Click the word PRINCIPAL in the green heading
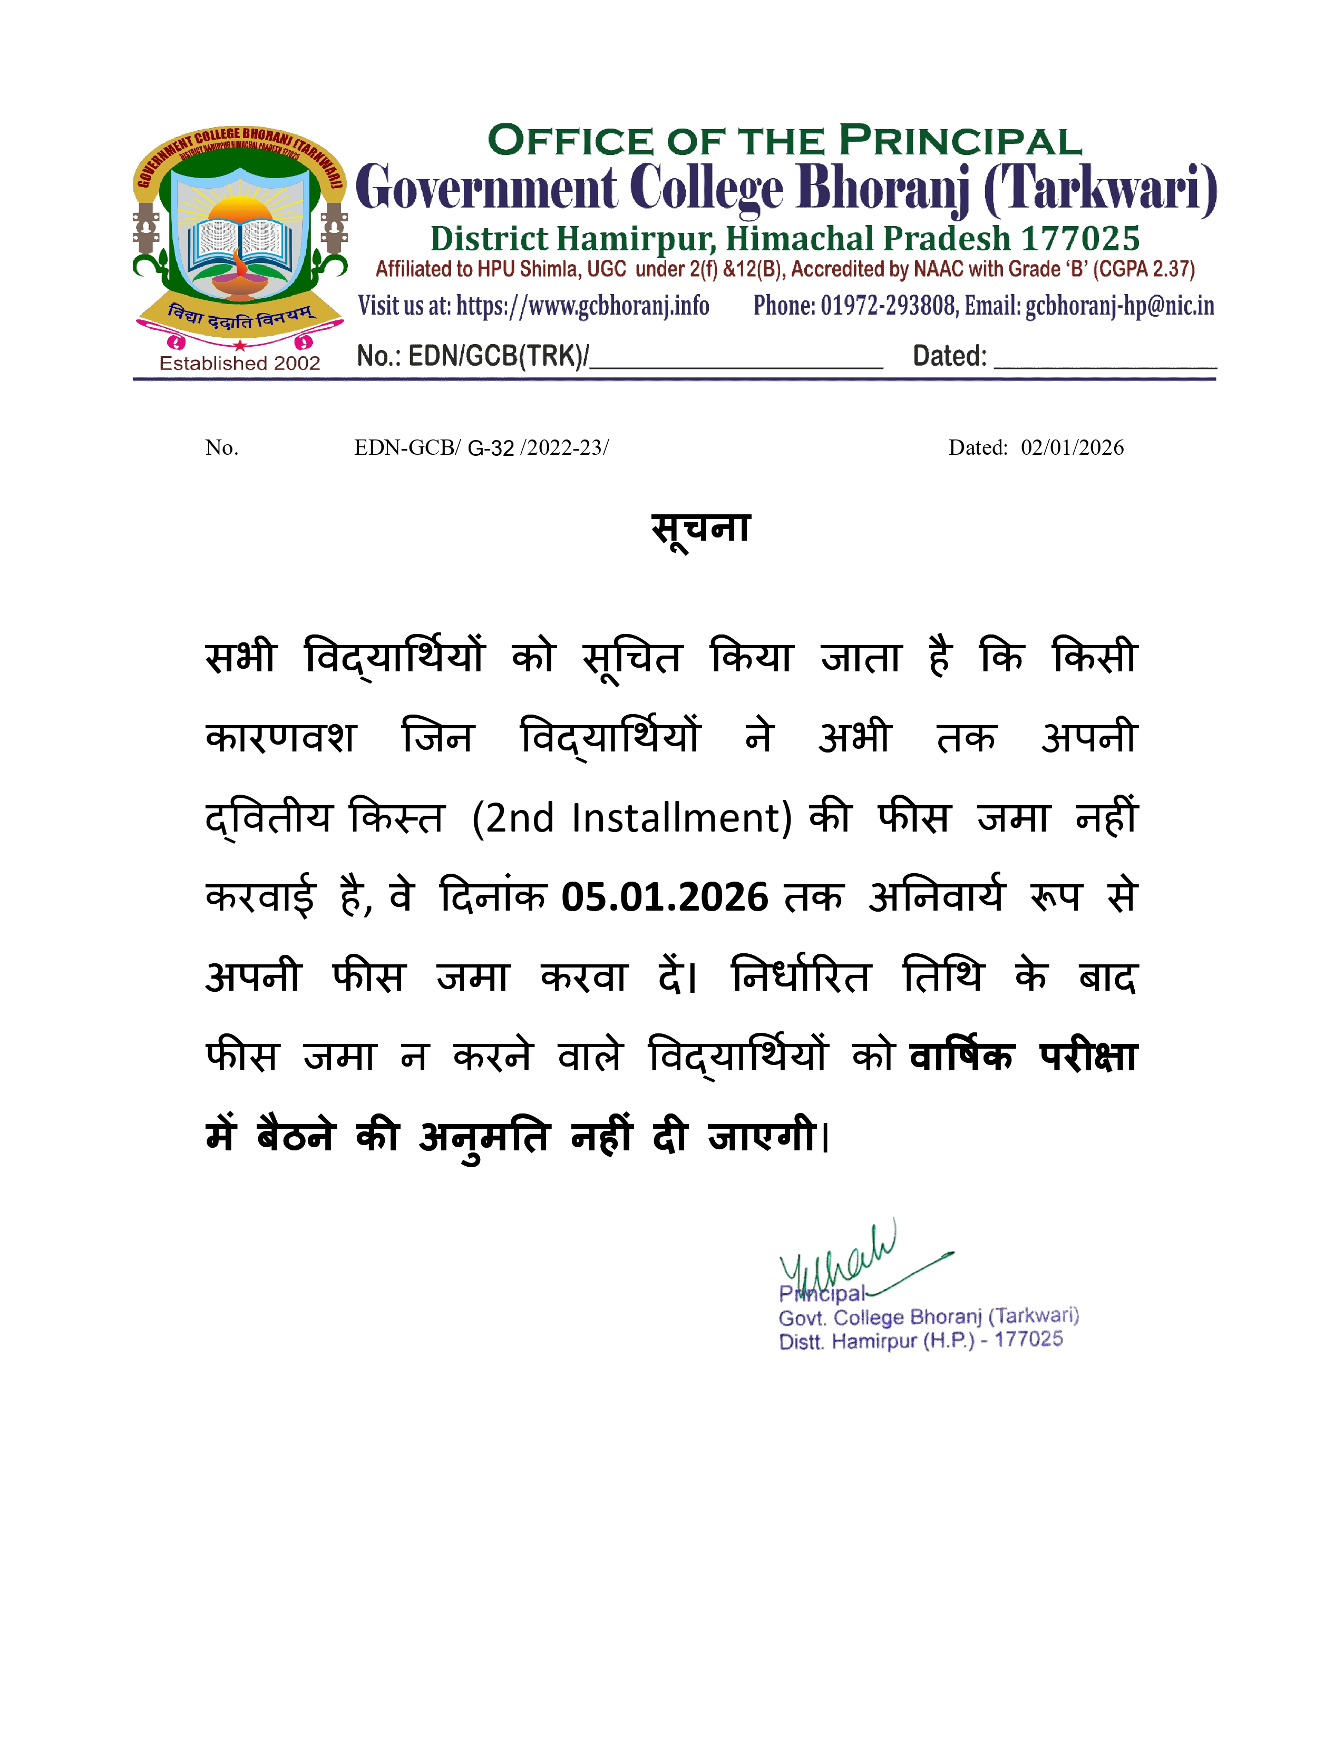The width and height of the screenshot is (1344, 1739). (x=960, y=142)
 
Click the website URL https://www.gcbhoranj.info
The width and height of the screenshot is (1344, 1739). (x=582, y=306)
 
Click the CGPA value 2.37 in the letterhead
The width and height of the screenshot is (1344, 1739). (x=1171, y=269)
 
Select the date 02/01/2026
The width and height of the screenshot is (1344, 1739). (x=1072, y=447)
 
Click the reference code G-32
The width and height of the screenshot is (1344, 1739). (x=491, y=448)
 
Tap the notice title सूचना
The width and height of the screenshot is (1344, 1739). (x=700, y=528)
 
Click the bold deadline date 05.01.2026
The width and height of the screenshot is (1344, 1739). (x=665, y=897)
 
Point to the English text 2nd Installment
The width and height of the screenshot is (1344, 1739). (x=633, y=818)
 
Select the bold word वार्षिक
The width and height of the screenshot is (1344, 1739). (x=961, y=1057)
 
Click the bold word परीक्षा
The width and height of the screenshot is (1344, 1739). (x=1088, y=1057)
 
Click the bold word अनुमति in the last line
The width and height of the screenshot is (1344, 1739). (x=484, y=1136)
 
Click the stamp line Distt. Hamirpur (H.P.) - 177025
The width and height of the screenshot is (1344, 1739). (x=920, y=1341)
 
